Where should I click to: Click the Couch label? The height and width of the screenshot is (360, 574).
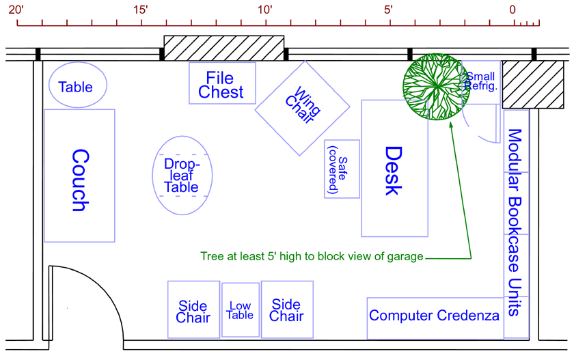(81, 180)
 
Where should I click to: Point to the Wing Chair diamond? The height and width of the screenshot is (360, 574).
(302, 108)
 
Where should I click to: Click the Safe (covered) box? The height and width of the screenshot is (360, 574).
(342, 169)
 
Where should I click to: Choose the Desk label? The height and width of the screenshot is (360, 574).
(394, 171)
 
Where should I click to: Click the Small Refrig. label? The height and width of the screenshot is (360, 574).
(481, 81)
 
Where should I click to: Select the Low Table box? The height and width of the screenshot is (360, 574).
(241, 310)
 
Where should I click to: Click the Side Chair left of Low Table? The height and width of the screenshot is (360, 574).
(193, 309)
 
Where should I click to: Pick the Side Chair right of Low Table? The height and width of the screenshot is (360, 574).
(287, 309)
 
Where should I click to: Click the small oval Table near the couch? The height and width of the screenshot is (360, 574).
(78, 85)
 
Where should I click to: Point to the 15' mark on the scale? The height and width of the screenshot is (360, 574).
(141, 22)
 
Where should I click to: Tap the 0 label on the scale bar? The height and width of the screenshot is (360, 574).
(512, 10)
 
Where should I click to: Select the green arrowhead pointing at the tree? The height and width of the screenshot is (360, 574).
(451, 125)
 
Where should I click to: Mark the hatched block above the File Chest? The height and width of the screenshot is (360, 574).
(223, 48)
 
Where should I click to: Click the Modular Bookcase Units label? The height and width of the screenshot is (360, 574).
(515, 222)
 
